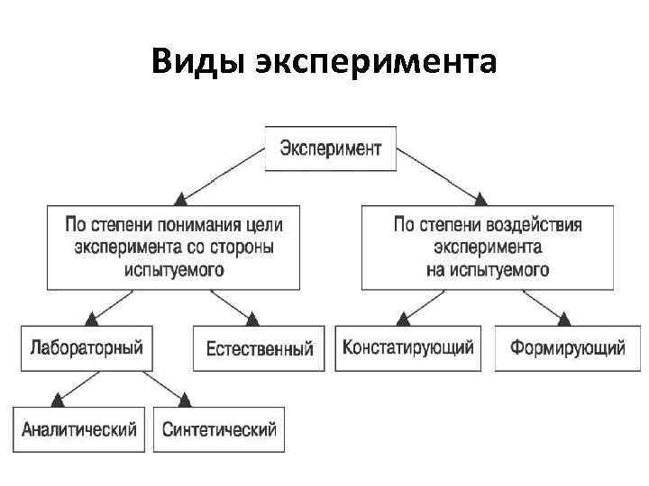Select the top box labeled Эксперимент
click(x=330, y=148)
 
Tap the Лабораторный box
click(x=87, y=347)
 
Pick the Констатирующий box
click(x=407, y=347)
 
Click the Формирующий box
click(x=567, y=347)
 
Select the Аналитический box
click(x=79, y=428)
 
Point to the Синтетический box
click(x=219, y=428)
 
